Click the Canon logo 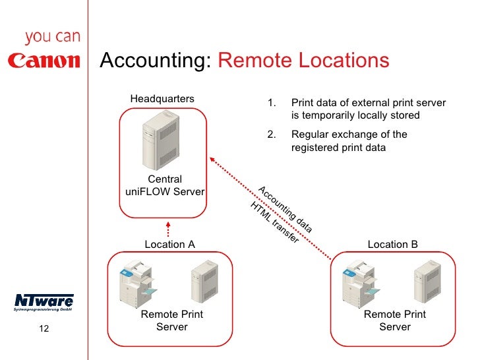[x=44, y=61]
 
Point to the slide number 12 [x=44, y=330]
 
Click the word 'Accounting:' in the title [x=156, y=61]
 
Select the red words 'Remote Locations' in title [x=303, y=61]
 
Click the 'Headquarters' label [x=162, y=99]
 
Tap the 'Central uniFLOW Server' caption [x=164, y=185]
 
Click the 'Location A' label [x=169, y=244]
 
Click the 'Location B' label [x=392, y=244]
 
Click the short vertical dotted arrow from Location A [x=168, y=227]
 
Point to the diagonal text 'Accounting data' [x=284, y=209]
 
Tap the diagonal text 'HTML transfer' [x=274, y=222]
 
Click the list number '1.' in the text [x=271, y=104]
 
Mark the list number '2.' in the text [x=271, y=135]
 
